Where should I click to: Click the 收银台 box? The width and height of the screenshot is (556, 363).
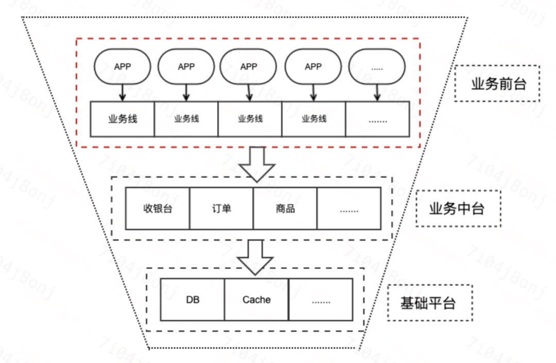pyautogui.click(x=158, y=209)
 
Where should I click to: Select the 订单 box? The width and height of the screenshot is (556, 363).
pyautogui.click(x=221, y=209)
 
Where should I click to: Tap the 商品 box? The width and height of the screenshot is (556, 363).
pyautogui.click(x=285, y=209)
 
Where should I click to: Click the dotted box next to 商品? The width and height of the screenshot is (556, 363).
pyautogui.click(x=349, y=209)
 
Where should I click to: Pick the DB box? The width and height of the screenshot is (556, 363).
pyautogui.click(x=193, y=300)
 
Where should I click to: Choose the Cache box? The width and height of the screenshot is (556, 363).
pyautogui.click(x=256, y=300)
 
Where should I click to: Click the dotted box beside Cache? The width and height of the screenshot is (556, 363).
pyautogui.click(x=321, y=300)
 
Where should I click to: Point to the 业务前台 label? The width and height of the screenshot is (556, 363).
pyautogui.click(x=497, y=83)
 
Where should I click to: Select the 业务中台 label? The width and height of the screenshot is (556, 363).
pyautogui.click(x=458, y=209)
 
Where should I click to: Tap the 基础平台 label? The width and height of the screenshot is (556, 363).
pyautogui.click(x=429, y=303)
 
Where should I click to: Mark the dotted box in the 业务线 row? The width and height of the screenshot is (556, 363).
pyautogui.click(x=377, y=119)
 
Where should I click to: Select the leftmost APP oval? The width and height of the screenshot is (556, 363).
pyautogui.click(x=122, y=67)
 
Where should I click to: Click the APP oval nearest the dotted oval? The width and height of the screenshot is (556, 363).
pyautogui.click(x=313, y=67)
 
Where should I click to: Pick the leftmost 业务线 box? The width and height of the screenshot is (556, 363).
pyautogui.click(x=123, y=119)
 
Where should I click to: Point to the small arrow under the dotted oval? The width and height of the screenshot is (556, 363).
pyautogui.click(x=377, y=92)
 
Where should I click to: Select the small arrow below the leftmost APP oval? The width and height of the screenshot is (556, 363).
pyautogui.click(x=122, y=92)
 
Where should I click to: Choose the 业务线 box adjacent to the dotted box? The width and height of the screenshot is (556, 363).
pyautogui.click(x=314, y=119)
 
